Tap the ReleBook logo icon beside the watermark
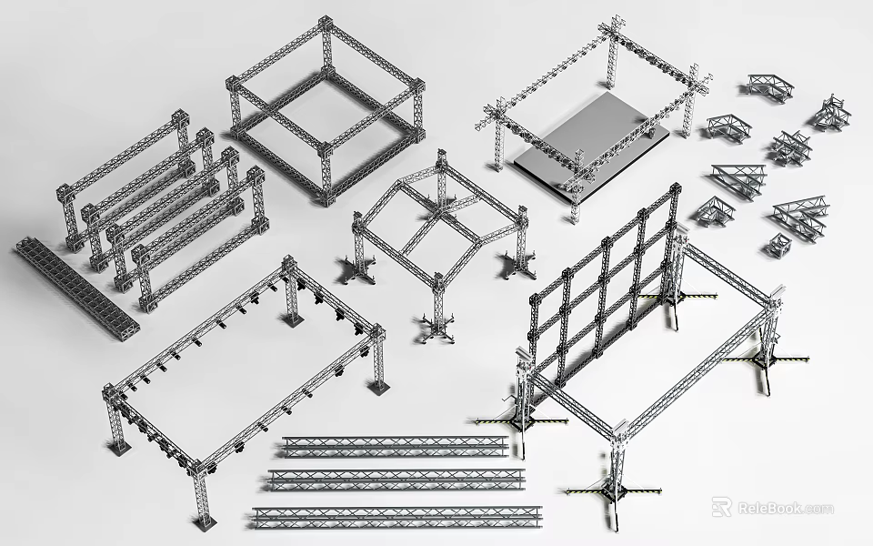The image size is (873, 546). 721,507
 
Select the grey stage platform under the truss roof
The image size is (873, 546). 591,141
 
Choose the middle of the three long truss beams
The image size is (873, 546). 396,479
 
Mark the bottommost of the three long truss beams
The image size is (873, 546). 396,516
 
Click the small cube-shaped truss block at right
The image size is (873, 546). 779,244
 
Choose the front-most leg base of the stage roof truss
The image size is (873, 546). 574,217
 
